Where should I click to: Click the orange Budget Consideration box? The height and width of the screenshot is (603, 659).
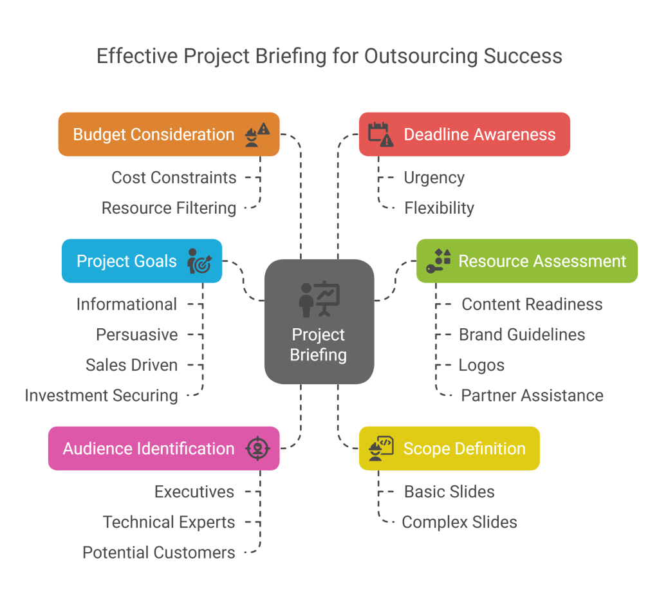pos(169,135)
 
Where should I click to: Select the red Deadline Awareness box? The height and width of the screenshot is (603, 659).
pos(464,135)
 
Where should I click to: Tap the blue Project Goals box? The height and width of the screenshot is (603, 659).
pos(142,261)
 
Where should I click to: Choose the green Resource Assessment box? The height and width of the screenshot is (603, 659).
pos(526,261)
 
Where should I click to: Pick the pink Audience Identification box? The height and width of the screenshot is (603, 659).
pos(163,449)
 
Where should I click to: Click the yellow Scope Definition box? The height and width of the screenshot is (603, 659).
pos(449,449)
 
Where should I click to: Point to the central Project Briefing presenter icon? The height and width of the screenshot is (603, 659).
pos(319,298)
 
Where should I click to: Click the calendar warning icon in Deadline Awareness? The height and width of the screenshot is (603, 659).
pos(380,134)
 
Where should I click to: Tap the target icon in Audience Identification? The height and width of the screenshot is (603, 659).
pos(257,449)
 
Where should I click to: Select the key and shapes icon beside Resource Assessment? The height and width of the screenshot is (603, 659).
pos(438,261)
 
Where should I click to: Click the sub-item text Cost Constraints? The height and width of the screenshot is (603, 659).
pos(174,178)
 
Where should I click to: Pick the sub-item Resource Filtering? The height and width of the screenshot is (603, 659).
pos(169,208)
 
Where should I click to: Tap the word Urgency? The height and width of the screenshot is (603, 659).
pos(434,178)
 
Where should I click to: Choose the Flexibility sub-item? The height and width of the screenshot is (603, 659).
pos(439,208)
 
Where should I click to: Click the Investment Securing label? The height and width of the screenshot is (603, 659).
pos(101,395)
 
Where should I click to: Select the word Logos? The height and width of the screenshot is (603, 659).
pos(481,365)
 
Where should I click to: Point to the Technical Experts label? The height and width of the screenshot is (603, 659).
pos(169,522)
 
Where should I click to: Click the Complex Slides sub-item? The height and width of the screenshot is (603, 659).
pos(459,522)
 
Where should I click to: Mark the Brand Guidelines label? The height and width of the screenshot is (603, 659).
pos(522,335)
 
